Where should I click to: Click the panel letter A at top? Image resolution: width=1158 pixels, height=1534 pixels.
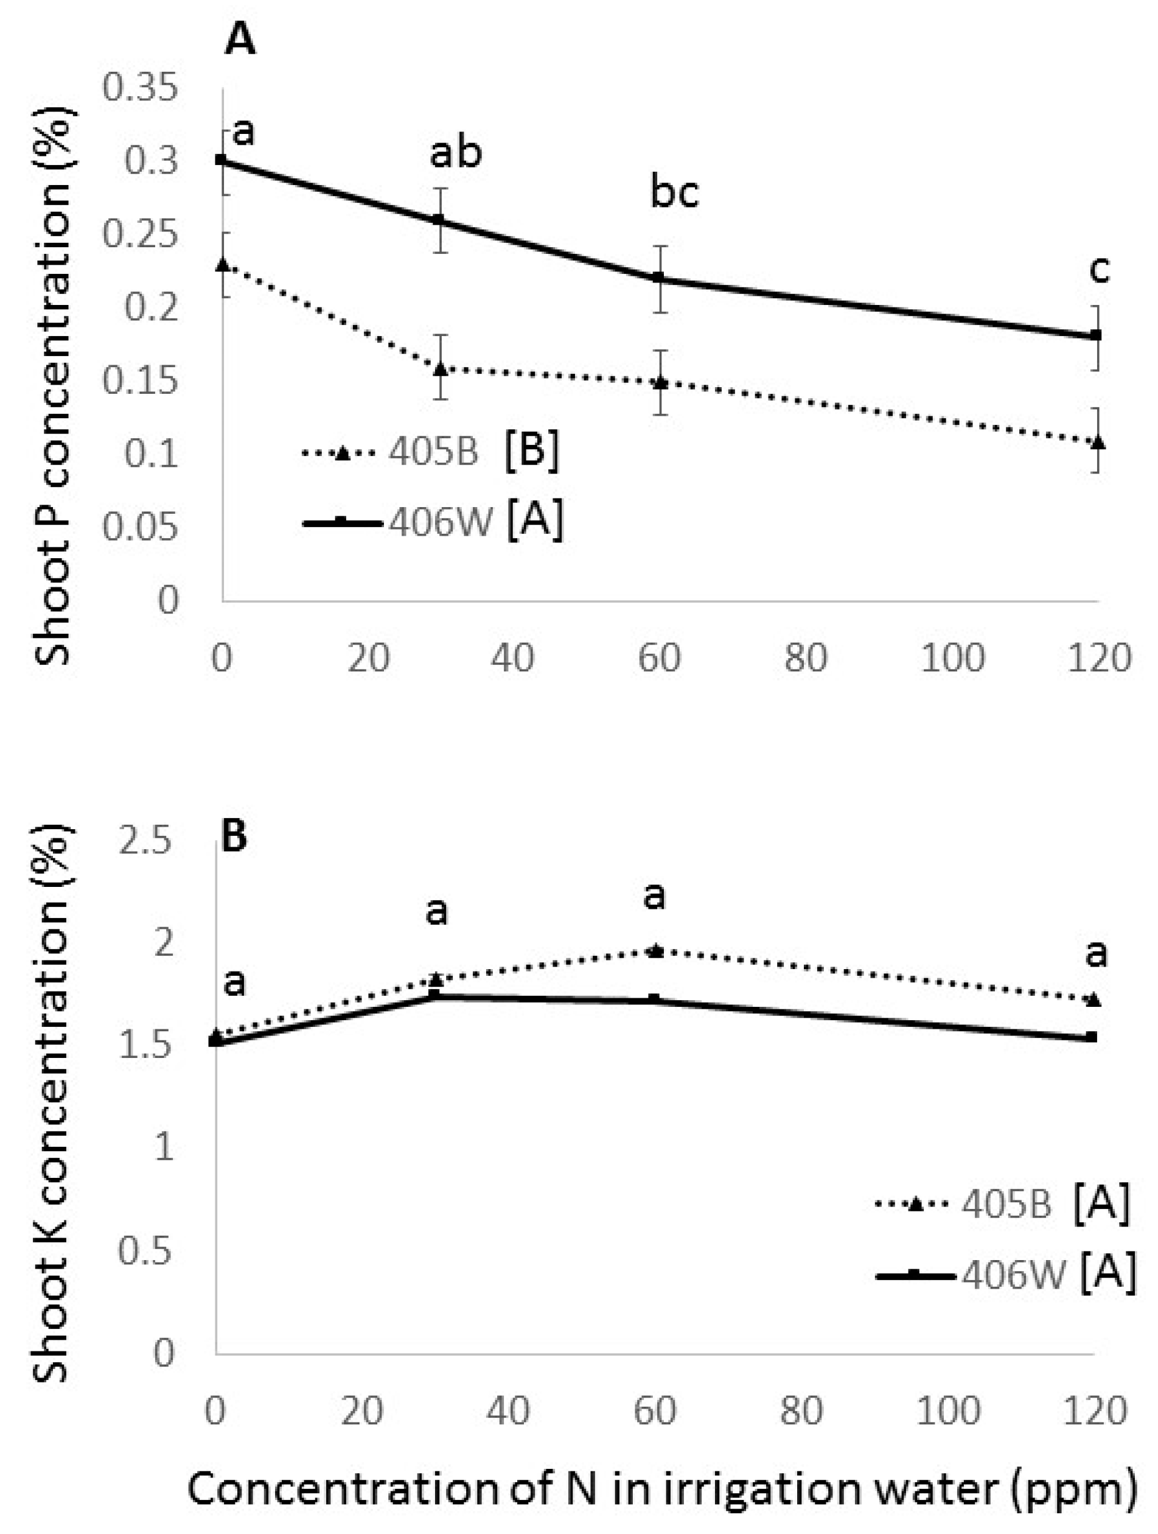[240, 40]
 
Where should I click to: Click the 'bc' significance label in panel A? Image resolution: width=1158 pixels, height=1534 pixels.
[674, 193]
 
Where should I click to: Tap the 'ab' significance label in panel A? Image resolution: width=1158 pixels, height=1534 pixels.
[455, 153]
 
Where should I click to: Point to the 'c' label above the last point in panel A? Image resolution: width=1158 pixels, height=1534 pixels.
[1099, 269]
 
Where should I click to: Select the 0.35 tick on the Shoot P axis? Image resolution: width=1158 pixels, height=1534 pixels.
[139, 88]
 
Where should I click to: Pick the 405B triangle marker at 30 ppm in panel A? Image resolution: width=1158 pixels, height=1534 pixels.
[439, 368]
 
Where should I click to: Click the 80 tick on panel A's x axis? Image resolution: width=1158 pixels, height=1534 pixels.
[806, 657]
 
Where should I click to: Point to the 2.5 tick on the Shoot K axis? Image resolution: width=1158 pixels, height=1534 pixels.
[145, 842]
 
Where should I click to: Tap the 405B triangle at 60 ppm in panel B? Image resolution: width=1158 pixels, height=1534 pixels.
[655, 951]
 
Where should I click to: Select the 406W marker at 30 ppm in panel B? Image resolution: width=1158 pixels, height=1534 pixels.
[434, 995]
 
